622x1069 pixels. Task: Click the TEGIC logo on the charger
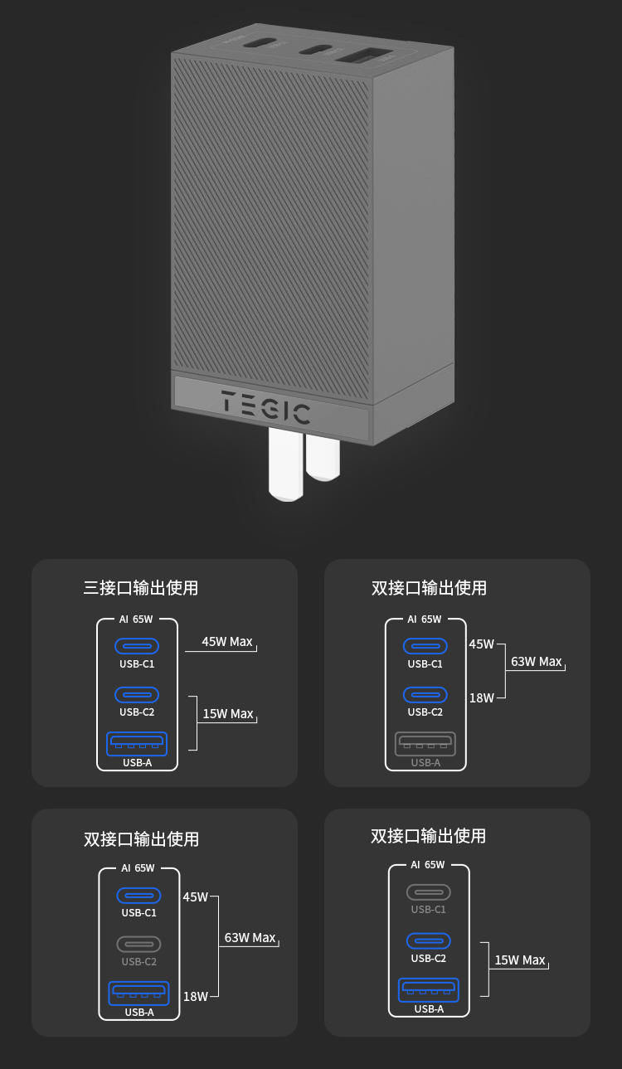pos(265,406)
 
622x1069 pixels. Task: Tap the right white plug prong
pos(323,458)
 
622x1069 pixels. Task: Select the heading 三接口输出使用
pos(141,588)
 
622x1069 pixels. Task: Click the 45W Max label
pos(226,642)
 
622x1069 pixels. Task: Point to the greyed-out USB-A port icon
pos(425,743)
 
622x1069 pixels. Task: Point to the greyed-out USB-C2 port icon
pos(138,944)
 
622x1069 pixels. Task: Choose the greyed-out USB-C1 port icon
pos(428,892)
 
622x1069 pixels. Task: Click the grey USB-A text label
pos(425,763)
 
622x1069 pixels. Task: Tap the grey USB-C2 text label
pos(138,961)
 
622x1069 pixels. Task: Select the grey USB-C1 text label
pos(428,909)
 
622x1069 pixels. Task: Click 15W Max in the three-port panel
pos(228,714)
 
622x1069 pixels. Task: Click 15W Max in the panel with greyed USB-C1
pos(520,960)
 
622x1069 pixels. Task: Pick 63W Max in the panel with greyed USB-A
pos(536,662)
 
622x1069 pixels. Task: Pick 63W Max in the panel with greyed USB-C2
pos(250,938)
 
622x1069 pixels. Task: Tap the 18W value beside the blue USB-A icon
pos(196,996)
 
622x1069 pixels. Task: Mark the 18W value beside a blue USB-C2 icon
pos(481,698)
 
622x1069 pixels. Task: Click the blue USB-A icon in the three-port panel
pos(137,743)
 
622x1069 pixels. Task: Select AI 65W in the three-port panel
pos(137,619)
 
